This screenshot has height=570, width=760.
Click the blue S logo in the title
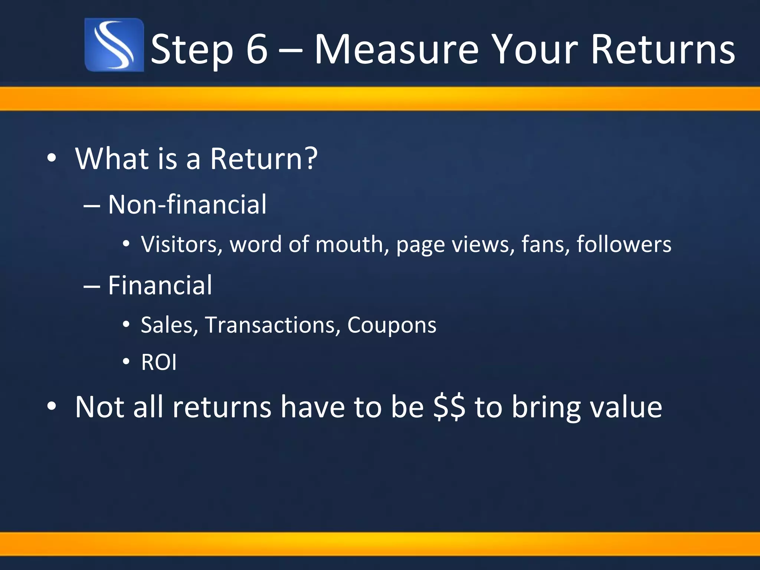pyautogui.click(x=114, y=45)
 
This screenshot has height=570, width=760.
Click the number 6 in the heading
pyautogui.click(x=256, y=49)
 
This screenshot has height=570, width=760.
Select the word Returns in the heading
pyautogui.click(x=662, y=49)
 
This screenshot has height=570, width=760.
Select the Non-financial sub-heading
pyautogui.click(x=187, y=204)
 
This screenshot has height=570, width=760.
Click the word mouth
pyautogui.click(x=349, y=245)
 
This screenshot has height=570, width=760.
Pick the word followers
pyautogui.click(x=624, y=245)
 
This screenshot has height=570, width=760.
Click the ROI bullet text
pyautogui.click(x=159, y=363)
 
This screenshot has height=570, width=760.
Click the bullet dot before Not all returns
pyautogui.click(x=52, y=406)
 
